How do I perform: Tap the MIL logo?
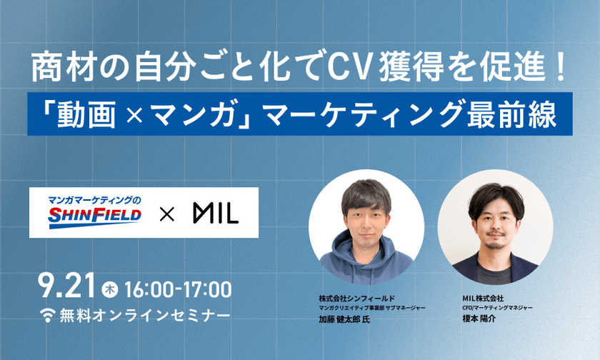215,213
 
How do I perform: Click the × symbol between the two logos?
166,213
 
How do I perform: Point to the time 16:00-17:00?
177,289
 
